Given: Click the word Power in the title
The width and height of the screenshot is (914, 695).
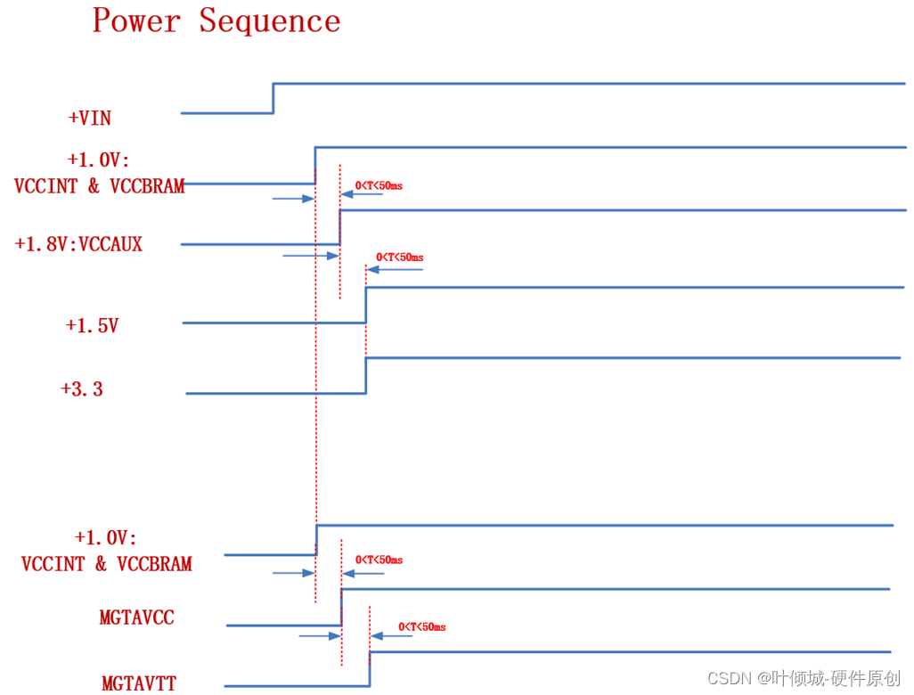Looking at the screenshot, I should pos(138,20).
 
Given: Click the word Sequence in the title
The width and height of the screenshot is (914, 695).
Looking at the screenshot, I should pos(270,20).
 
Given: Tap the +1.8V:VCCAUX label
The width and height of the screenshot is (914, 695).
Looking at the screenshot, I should pos(78,244).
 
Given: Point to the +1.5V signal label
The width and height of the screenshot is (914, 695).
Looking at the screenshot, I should pos(92,326).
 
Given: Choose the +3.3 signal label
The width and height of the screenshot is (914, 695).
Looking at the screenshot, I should pos(82,389).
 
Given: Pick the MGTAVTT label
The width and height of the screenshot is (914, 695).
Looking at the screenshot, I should pos(139,683).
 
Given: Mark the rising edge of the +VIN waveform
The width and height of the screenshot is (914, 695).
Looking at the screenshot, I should pos(273,98).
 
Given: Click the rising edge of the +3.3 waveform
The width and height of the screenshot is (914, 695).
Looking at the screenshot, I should pos(366,375).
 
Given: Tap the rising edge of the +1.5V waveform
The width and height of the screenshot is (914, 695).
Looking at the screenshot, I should pos(366,305).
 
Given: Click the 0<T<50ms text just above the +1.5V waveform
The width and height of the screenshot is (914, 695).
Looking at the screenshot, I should pos(399,258).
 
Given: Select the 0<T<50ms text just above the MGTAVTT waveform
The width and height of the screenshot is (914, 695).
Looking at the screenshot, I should pos(421,627).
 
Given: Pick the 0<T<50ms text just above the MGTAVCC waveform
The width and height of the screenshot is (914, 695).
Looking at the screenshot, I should pos(379,560).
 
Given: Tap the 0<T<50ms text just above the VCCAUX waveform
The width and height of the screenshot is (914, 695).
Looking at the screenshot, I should pos(379,185).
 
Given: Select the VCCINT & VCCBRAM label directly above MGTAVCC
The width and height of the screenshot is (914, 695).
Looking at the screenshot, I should pos(107,564).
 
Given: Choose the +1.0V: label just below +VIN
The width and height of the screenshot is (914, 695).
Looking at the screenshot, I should pos(99,159).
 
